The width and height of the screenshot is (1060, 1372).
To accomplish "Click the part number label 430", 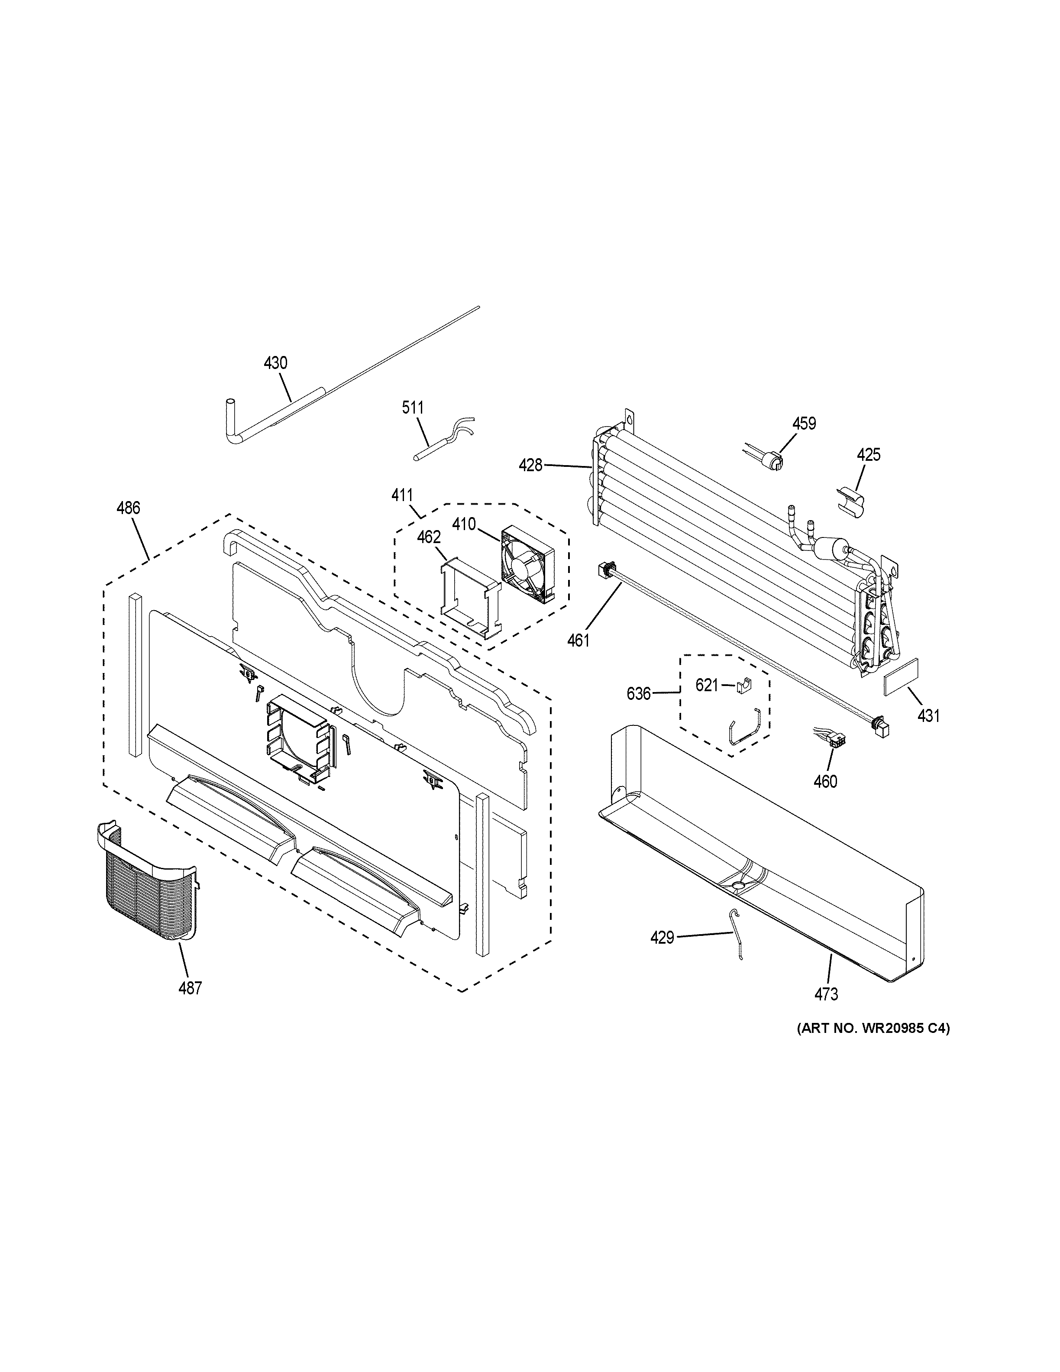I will click(x=275, y=362).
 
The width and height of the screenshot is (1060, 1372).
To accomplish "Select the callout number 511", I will click(x=413, y=408).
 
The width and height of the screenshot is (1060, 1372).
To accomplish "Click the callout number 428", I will click(x=530, y=466).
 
